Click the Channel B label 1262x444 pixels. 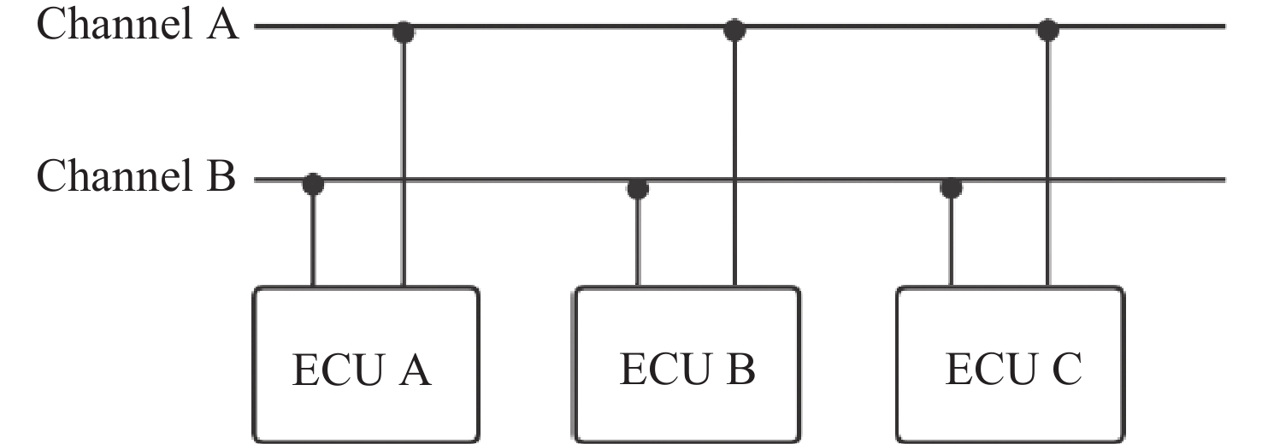point(137,178)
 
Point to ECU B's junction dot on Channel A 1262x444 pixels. point(734,31)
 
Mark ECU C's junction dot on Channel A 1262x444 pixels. point(1048,31)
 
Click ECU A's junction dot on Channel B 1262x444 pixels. point(313,184)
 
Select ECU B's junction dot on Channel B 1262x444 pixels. point(637,187)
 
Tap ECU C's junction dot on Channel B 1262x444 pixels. point(951,186)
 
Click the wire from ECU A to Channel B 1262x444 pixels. point(313,240)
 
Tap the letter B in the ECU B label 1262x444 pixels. point(740,370)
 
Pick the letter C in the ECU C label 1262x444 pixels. point(1065,370)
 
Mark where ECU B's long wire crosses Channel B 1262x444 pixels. point(734,181)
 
